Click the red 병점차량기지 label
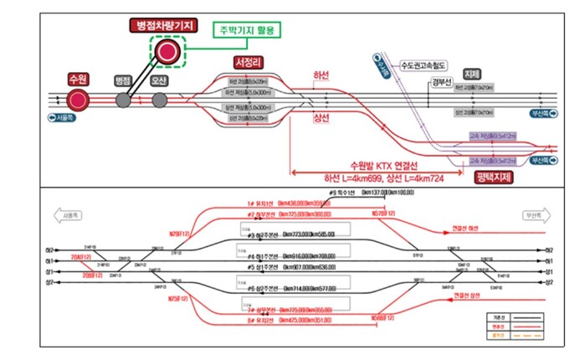(163, 26)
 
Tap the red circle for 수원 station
(79, 100)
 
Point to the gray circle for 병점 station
(124, 100)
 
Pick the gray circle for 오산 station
(159, 100)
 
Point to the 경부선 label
(441, 81)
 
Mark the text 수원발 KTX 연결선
(370, 165)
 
